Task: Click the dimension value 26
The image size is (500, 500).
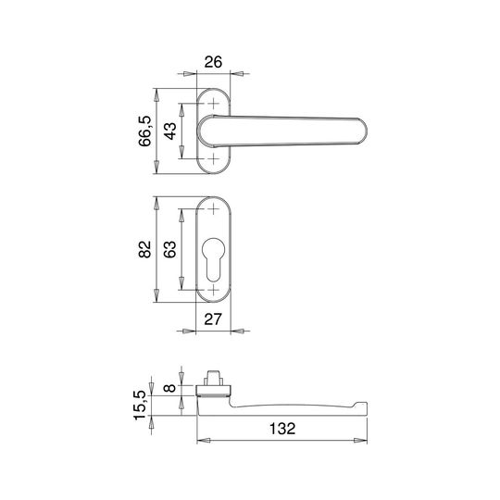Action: [x=213, y=62]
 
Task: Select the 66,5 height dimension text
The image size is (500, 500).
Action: [x=144, y=131]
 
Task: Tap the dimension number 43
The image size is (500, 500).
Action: [x=170, y=131]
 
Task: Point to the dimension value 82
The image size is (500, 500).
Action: [x=144, y=249]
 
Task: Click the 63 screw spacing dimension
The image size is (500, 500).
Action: [x=170, y=249]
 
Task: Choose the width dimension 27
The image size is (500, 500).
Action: [x=213, y=319]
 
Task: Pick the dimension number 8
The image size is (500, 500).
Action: [x=170, y=388]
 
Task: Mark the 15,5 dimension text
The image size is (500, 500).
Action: [x=140, y=406]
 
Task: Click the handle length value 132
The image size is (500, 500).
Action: [x=282, y=429]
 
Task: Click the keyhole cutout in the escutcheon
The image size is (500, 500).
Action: [x=213, y=259]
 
